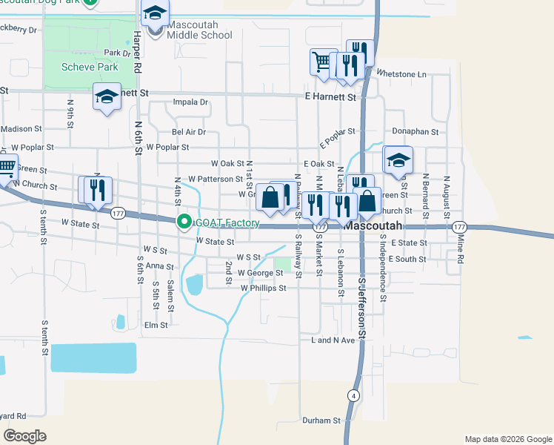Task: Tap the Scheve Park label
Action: click(x=91, y=67)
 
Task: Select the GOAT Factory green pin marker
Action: click(x=184, y=222)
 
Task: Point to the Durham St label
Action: click(x=321, y=420)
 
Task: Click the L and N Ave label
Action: click(x=333, y=340)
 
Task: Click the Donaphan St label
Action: click(x=416, y=131)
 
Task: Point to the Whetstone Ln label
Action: click(x=401, y=74)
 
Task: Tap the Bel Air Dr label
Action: click(x=188, y=132)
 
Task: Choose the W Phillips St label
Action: click(x=263, y=288)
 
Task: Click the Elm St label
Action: click(x=156, y=325)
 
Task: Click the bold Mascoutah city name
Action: click(x=373, y=225)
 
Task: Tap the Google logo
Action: click(x=24, y=436)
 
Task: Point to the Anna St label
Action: click(x=159, y=266)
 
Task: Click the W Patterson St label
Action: click(x=216, y=179)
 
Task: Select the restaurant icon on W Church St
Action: click(x=95, y=191)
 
